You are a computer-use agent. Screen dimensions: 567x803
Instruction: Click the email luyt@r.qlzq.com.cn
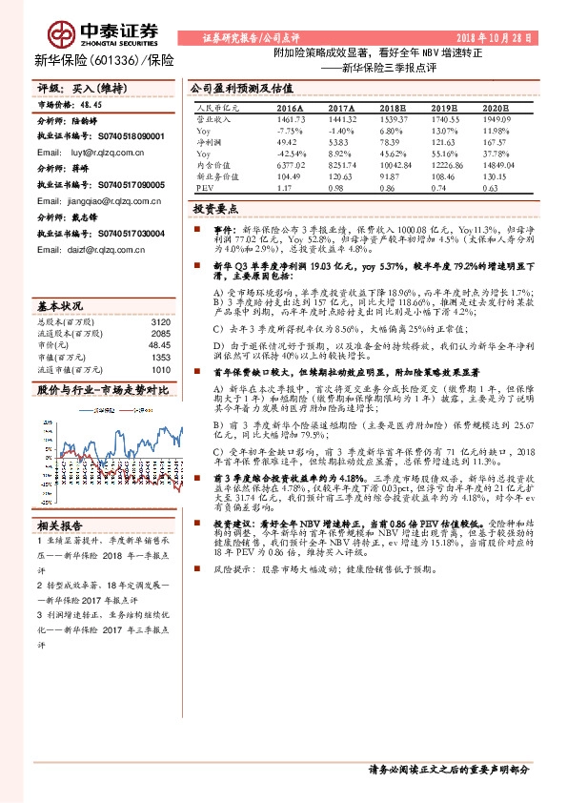pos(94,152)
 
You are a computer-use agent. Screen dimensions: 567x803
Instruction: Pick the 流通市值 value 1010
pos(159,370)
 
